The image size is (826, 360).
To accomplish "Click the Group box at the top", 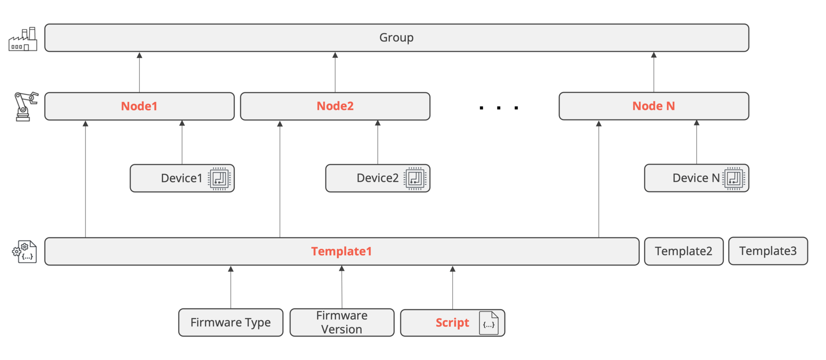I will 396,38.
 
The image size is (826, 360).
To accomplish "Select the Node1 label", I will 139,106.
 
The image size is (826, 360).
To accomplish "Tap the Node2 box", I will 335,106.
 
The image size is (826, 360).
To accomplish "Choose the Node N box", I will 653,106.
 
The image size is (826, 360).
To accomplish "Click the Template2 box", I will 683,251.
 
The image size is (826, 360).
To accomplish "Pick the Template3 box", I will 767,251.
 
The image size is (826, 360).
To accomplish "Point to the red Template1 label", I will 341,251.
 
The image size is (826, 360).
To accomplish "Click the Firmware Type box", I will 230,322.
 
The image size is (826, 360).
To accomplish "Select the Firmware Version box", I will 341,322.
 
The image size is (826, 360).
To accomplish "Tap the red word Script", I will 452,323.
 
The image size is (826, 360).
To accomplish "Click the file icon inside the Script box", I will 489,323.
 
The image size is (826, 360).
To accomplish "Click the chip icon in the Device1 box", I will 220,178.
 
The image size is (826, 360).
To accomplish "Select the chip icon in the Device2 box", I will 415,178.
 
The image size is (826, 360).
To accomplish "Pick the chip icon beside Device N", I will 734,178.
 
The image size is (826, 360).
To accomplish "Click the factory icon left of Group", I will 23,39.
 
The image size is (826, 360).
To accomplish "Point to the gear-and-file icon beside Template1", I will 25,252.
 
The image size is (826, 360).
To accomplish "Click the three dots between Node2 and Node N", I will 498,108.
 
